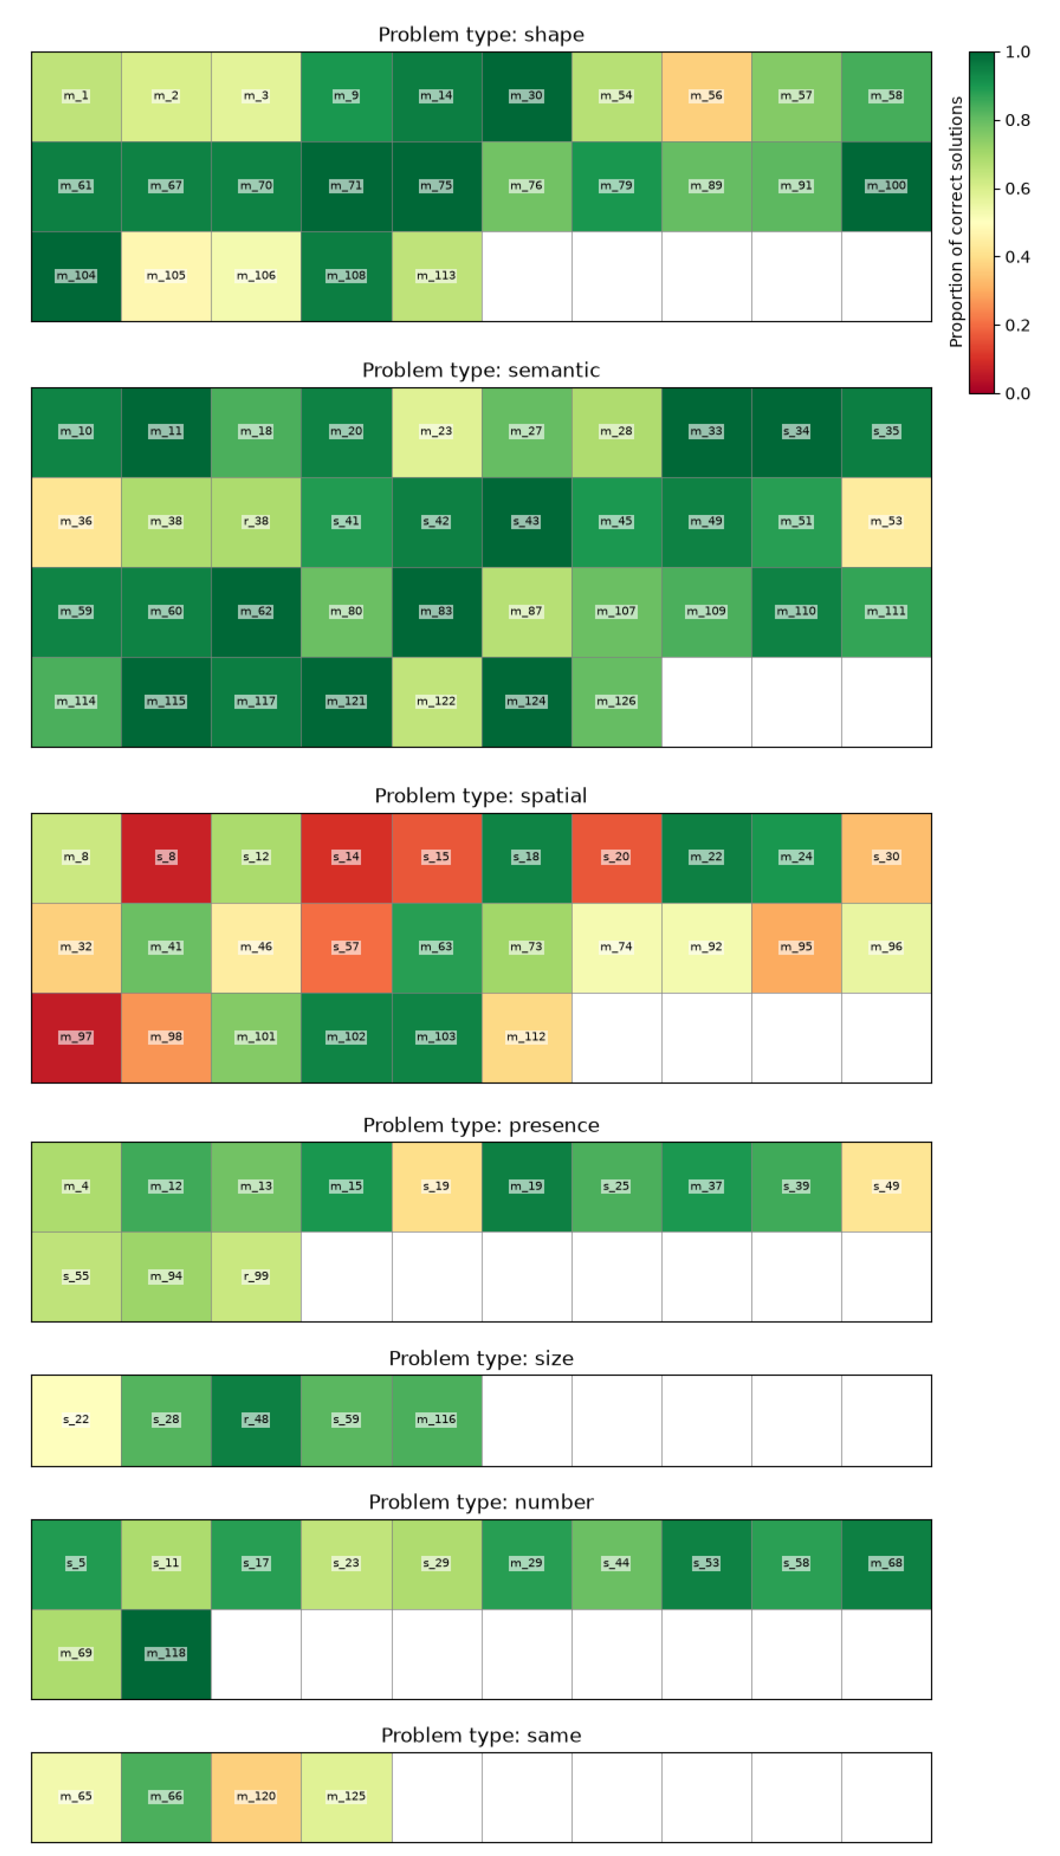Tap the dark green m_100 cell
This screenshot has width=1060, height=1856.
886,186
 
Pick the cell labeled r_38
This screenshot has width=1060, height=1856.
256,522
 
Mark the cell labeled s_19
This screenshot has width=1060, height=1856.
437,1187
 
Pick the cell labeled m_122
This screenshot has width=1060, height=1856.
437,701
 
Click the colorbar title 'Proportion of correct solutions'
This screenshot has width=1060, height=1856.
956,222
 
